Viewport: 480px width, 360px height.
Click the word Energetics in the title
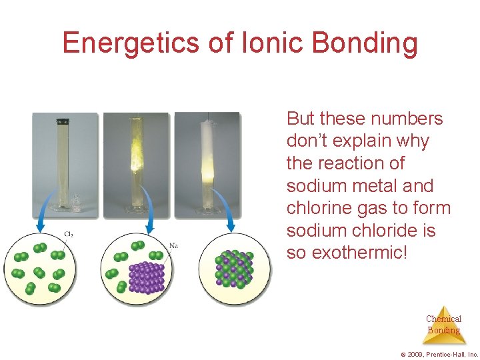click(130, 43)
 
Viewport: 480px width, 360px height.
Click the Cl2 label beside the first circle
click(68, 234)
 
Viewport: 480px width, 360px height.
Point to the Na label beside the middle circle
click(173, 245)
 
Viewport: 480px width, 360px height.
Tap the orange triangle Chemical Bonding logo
click(443, 324)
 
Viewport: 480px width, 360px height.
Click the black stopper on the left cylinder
click(64, 121)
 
